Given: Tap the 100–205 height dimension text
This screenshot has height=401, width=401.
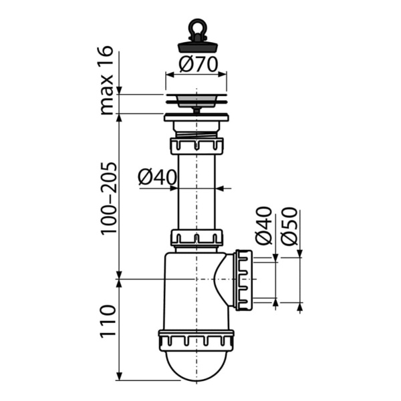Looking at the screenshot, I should (108, 196).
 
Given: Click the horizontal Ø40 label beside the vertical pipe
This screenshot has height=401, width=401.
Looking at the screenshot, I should (157, 178).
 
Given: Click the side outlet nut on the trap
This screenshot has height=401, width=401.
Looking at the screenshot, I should (244, 279).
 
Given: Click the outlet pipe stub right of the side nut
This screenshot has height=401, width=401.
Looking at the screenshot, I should (264, 279).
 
